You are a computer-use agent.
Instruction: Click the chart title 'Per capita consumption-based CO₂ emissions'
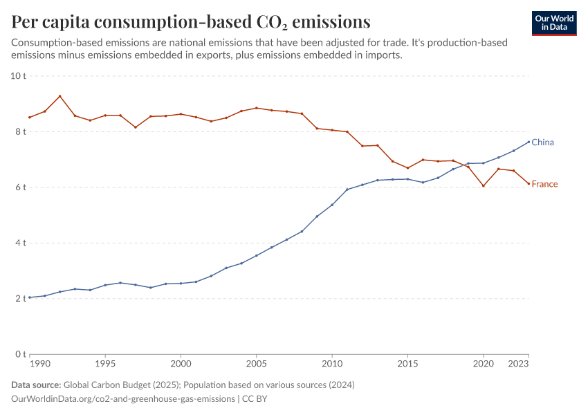[191, 21]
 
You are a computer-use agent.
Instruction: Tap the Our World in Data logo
[554, 23]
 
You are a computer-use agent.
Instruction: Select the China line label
[542, 142]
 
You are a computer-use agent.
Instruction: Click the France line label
[544, 184]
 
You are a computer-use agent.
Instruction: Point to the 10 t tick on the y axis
[18, 75]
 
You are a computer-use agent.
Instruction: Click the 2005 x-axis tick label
[256, 363]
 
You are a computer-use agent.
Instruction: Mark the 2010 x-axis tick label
[332, 363]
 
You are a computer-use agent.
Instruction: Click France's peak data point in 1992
[60, 96]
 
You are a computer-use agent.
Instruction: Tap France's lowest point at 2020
[484, 186]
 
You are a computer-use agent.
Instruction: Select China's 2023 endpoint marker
[529, 142]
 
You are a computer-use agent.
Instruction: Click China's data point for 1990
[30, 297]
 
